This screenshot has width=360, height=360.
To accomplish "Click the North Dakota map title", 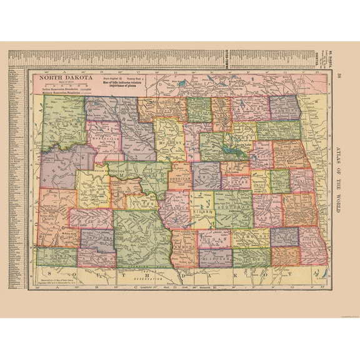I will (x=61, y=78).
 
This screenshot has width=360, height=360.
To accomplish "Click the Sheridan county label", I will (x=179, y=177).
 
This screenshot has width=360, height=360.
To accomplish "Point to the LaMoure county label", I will (x=250, y=238).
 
